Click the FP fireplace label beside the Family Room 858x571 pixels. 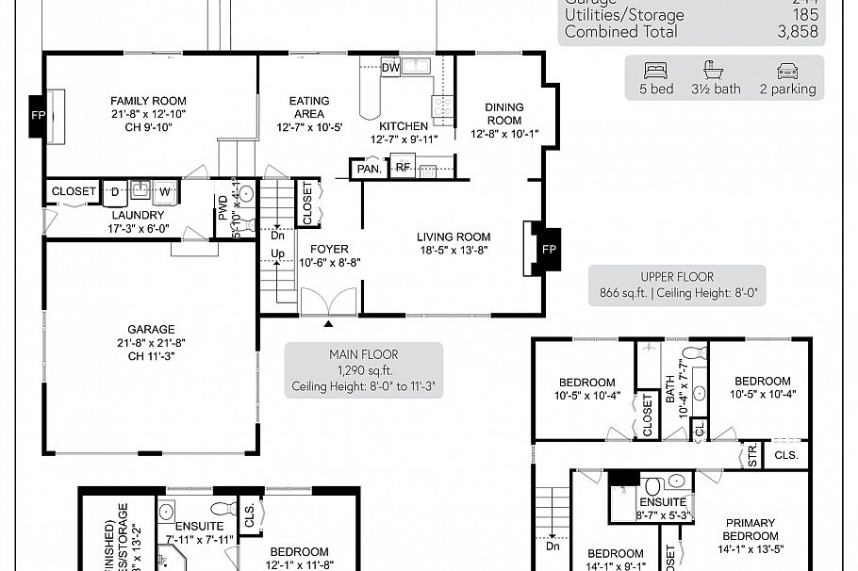pos(38,115)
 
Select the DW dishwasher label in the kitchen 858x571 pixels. pos(390,67)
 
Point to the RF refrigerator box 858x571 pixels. pos(403,168)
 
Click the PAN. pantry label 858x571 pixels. pos(367,170)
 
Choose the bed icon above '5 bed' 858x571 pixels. pos(655,71)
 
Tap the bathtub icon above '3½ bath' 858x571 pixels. pos(714,71)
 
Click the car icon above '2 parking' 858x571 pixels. pos(787,71)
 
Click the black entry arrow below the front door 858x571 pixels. pos(328,324)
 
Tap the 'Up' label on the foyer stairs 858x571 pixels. pos(279,254)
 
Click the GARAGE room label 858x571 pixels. pos(152,330)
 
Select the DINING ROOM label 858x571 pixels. pos(503,114)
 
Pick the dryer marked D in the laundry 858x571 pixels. pos(115,191)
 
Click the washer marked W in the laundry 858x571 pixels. pos(165,191)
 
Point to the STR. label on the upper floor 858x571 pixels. pos(751,456)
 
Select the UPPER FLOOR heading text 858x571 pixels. pos(677,277)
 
